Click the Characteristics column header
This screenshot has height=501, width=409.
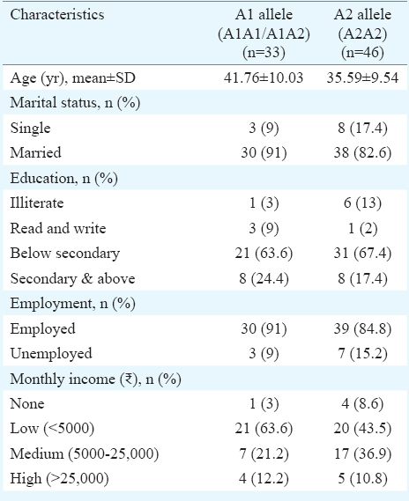(x=57, y=15)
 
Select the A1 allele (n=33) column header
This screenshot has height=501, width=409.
(x=264, y=33)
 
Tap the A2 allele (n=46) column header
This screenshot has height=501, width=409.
(x=362, y=33)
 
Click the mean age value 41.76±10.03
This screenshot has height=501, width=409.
(x=264, y=77)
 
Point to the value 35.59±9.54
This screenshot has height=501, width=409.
(x=362, y=77)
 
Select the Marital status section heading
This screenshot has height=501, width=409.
(x=75, y=103)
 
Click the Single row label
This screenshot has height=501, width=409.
(x=30, y=129)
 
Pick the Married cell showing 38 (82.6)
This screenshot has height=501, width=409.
(x=362, y=152)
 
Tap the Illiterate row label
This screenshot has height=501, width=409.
(x=37, y=203)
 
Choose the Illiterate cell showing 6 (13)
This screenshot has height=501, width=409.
(x=362, y=203)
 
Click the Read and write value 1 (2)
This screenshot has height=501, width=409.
(x=362, y=228)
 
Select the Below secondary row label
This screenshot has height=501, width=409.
(x=65, y=254)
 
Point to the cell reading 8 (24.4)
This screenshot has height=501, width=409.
(x=264, y=278)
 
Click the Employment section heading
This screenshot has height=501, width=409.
(x=72, y=304)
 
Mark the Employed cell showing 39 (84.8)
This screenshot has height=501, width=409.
(x=362, y=328)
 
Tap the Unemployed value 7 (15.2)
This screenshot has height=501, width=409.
(x=362, y=354)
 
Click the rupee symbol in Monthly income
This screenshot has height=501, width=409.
(x=130, y=379)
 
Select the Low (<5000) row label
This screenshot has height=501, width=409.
(x=52, y=429)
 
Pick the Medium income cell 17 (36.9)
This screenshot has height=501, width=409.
(x=362, y=454)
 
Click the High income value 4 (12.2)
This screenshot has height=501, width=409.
(x=264, y=479)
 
